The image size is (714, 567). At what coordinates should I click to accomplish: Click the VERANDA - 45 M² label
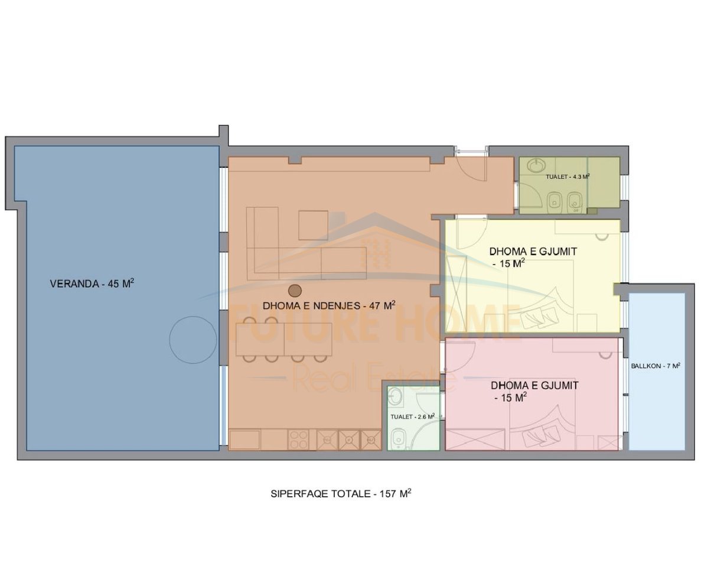[92, 283]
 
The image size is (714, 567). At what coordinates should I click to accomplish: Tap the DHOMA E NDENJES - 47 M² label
[329, 305]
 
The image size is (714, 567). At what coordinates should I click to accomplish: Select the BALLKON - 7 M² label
[656, 366]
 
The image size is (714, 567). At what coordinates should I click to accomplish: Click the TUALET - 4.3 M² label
[568, 177]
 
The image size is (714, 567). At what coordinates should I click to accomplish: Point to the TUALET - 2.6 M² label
[412, 417]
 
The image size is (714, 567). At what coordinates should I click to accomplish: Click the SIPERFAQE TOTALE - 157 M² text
[341, 494]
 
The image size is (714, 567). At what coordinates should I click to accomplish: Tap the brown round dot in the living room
[295, 291]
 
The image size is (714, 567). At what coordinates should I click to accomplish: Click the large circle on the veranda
[193, 340]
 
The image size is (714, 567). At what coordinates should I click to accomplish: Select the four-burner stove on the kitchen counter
[298, 440]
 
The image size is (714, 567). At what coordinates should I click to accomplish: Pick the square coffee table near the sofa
[313, 225]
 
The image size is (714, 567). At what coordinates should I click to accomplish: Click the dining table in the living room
[283, 339]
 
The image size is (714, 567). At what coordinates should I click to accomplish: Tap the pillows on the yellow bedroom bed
[538, 316]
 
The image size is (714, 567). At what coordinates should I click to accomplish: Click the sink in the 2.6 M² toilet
[395, 396]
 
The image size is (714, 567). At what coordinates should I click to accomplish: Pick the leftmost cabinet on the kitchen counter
[244, 440]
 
